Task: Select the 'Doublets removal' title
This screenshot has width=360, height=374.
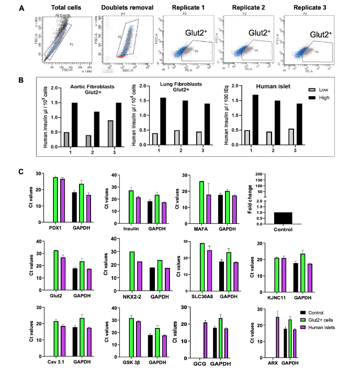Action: pyautogui.click(x=119, y=8)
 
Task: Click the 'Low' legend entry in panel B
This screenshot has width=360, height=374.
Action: pyautogui.click(x=324, y=89)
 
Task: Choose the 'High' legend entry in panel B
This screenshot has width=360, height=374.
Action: pyautogui.click(x=324, y=97)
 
